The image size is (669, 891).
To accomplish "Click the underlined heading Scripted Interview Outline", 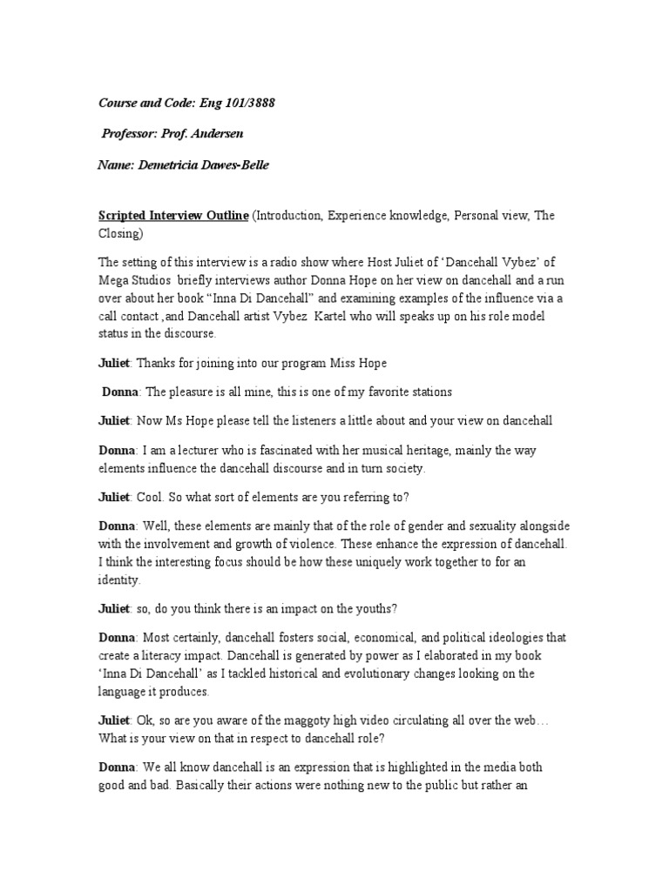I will point(173,216).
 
